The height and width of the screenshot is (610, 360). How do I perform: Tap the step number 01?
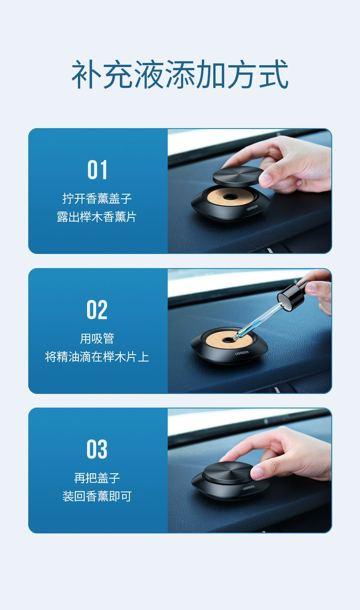click(x=98, y=170)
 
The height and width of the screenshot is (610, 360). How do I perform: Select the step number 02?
click(x=97, y=310)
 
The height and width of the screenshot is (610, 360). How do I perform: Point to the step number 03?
click(x=97, y=450)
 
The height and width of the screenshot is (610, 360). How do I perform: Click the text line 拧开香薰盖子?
click(x=97, y=199)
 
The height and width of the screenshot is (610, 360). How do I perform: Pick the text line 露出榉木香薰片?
click(x=97, y=217)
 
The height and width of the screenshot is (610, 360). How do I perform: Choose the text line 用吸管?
click(x=97, y=338)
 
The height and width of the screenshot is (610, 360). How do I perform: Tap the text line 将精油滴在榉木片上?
click(x=97, y=357)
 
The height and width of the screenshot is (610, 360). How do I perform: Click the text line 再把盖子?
click(x=97, y=478)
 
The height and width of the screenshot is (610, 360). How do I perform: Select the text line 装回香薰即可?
click(x=97, y=496)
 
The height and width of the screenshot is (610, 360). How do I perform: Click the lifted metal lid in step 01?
click(x=238, y=175)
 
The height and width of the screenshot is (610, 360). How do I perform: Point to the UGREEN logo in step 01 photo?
click(x=252, y=207)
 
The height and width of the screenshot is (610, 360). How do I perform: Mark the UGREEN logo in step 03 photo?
click(x=249, y=488)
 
